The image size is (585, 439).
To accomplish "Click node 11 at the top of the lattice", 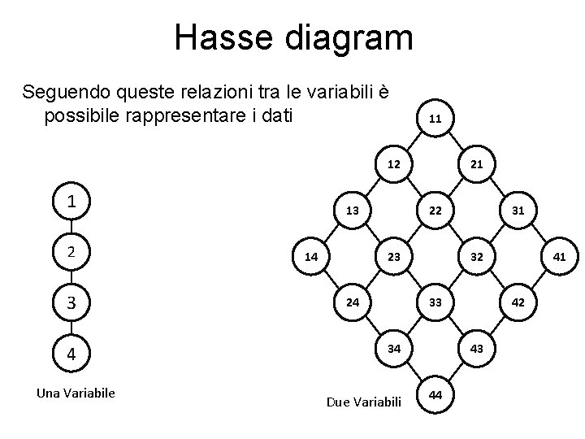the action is tap(435, 119).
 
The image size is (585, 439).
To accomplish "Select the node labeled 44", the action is tap(435, 395).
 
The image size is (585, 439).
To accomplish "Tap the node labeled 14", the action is tap(310, 257).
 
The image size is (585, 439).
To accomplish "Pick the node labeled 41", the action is tap(560, 257).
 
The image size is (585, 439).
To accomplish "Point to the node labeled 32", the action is tap(477, 257).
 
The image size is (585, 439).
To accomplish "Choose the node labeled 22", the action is tap(435, 211).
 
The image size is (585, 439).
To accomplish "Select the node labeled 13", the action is tap(352, 211).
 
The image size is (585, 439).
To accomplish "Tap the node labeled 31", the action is tap(518, 211).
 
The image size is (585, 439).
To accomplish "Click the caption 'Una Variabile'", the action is tap(76, 393).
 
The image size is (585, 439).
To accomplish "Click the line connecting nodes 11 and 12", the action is tap(414, 141).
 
